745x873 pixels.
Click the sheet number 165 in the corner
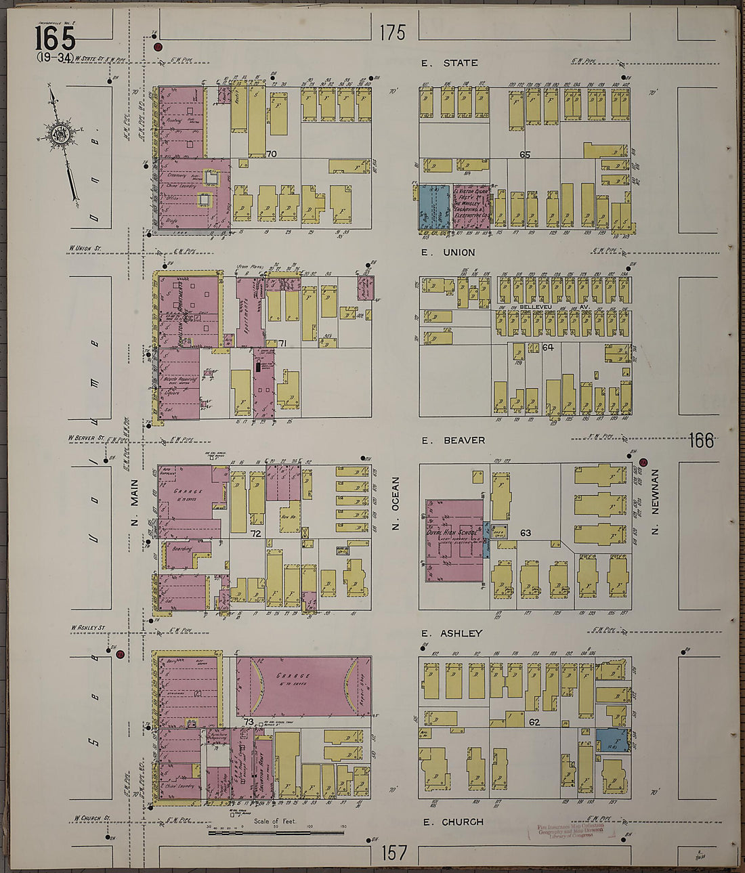pyautogui.click(x=55, y=38)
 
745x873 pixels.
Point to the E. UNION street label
pyautogui.click(x=448, y=253)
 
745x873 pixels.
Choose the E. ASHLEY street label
pyautogui.click(x=452, y=633)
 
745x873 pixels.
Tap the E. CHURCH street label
pyautogui.click(x=453, y=822)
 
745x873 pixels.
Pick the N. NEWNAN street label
pyautogui.click(x=655, y=503)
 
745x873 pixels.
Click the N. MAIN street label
pyautogui.click(x=134, y=503)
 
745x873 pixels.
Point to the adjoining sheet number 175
pyautogui.click(x=392, y=33)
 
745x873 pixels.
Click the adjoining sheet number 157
pyautogui.click(x=392, y=852)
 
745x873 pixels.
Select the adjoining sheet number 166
pyautogui.click(x=701, y=441)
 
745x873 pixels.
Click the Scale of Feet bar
pyautogui.click(x=276, y=832)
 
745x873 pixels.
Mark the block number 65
pyautogui.click(x=525, y=154)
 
